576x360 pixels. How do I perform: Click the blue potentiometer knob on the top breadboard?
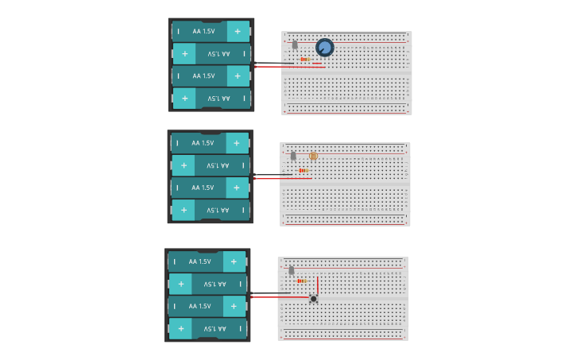coord(324,48)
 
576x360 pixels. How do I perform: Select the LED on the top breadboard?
coord(295,45)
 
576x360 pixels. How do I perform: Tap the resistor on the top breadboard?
coord(304,59)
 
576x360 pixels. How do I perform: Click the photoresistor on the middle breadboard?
coord(313,157)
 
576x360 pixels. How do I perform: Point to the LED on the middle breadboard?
coord(293,156)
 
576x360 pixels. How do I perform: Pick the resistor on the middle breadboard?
coord(303,170)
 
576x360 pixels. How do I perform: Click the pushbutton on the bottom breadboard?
coord(314,299)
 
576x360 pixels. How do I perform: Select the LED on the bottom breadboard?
coord(292,270)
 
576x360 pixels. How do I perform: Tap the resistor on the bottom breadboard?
coord(302,281)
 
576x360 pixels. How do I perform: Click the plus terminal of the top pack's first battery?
coord(237,31)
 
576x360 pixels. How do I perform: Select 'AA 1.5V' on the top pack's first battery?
coord(203,31)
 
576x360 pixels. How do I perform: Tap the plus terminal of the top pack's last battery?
coord(184,99)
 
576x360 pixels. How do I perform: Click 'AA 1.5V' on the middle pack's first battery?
coord(203,143)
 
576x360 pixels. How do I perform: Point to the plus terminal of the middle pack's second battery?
coord(184,165)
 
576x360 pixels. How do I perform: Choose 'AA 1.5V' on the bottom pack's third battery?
coord(200,306)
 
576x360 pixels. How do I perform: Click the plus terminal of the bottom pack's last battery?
coord(180,328)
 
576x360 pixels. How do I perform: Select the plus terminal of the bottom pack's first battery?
coord(234,261)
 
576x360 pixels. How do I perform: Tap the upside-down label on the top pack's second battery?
coord(218,54)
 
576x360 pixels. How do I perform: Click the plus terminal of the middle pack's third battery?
coord(236,188)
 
